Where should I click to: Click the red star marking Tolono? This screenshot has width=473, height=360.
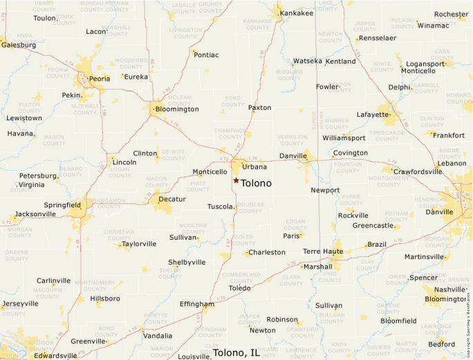[x=236, y=180]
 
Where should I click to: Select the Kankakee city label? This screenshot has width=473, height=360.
[x=297, y=13]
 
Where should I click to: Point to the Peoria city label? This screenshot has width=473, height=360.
[x=99, y=79]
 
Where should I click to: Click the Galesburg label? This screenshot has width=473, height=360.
[x=19, y=45]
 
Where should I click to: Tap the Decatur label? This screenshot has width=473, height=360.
[x=172, y=199]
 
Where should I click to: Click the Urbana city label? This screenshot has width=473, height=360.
[x=254, y=167]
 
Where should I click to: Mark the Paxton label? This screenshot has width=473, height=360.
[x=260, y=108]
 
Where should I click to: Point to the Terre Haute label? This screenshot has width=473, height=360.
[x=322, y=252]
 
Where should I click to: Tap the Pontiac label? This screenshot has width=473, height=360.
[x=206, y=55]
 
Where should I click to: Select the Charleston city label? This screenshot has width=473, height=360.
[x=267, y=252]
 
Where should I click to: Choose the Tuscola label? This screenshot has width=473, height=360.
[x=221, y=207]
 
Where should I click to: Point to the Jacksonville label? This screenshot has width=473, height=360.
[x=35, y=214]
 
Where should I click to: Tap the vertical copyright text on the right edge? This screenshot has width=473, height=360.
[x=469, y=318]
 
